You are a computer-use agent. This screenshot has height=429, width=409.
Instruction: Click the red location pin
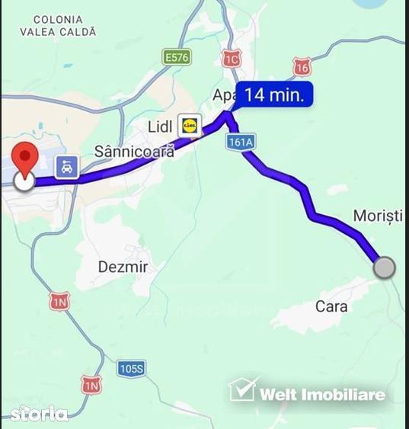(x=27, y=158)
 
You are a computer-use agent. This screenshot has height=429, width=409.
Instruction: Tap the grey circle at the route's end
(x=385, y=267)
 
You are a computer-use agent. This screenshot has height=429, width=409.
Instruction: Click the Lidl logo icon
(x=189, y=124)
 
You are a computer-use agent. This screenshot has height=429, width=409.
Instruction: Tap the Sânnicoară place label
(x=134, y=151)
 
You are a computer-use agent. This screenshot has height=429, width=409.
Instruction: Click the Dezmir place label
(x=123, y=267)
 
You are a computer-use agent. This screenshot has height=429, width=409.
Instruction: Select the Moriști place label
(x=378, y=216)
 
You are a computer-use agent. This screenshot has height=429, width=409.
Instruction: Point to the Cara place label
(x=331, y=306)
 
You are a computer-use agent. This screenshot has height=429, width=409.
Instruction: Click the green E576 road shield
(x=177, y=57)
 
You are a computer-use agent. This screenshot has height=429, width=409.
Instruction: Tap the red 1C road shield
(x=232, y=59)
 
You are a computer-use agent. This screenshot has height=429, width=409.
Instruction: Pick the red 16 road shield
(x=302, y=67)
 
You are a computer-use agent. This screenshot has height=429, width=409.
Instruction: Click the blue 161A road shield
(x=240, y=142)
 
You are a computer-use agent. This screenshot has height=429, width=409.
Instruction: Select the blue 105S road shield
(x=131, y=369)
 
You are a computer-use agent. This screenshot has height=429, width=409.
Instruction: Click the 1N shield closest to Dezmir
(x=59, y=301)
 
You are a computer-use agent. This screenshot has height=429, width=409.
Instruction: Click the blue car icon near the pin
(x=67, y=167)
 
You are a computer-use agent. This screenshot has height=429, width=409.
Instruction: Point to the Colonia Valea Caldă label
(x=58, y=26)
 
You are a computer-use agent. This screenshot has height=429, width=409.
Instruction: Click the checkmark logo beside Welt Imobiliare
(x=243, y=389)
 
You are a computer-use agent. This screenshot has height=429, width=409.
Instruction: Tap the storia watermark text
(x=39, y=413)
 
